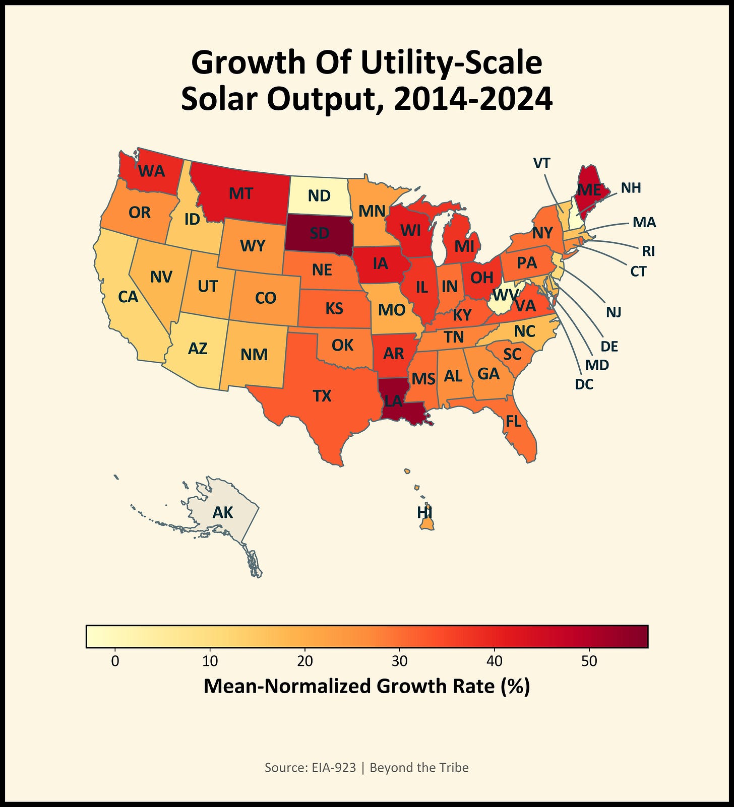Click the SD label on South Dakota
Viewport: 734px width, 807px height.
tap(319, 233)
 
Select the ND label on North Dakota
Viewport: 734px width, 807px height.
tap(319, 195)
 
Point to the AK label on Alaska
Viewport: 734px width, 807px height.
tap(223, 512)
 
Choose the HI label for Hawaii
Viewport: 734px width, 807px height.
tap(424, 512)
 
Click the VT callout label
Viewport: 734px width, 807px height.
tap(541, 163)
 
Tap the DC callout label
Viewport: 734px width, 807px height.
tap(584, 384)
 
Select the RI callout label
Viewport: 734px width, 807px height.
tap(648, 250)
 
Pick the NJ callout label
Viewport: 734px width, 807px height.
tap(614, 312)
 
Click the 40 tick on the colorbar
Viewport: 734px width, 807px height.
tap(495, 661)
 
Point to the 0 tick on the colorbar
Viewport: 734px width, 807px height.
tap(115, 661)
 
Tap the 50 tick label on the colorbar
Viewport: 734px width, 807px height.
tap(589, 661)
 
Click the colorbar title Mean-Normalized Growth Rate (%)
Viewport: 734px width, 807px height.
tap(366, 686)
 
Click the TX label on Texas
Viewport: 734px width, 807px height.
tap(322, 396)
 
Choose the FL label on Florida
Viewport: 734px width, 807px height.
tap(513, 421)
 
